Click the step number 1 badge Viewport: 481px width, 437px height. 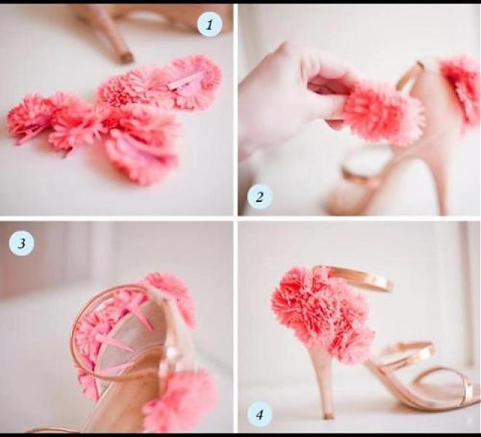(209, 26)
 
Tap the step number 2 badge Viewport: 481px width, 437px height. (259, 196)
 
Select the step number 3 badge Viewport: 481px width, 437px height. (21, 243)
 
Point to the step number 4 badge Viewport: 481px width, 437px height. (259, 415)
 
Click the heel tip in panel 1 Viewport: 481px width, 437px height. (126, 58)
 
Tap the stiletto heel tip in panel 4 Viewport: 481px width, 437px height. (328, 416)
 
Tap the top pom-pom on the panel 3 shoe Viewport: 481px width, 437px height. (172, 295)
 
